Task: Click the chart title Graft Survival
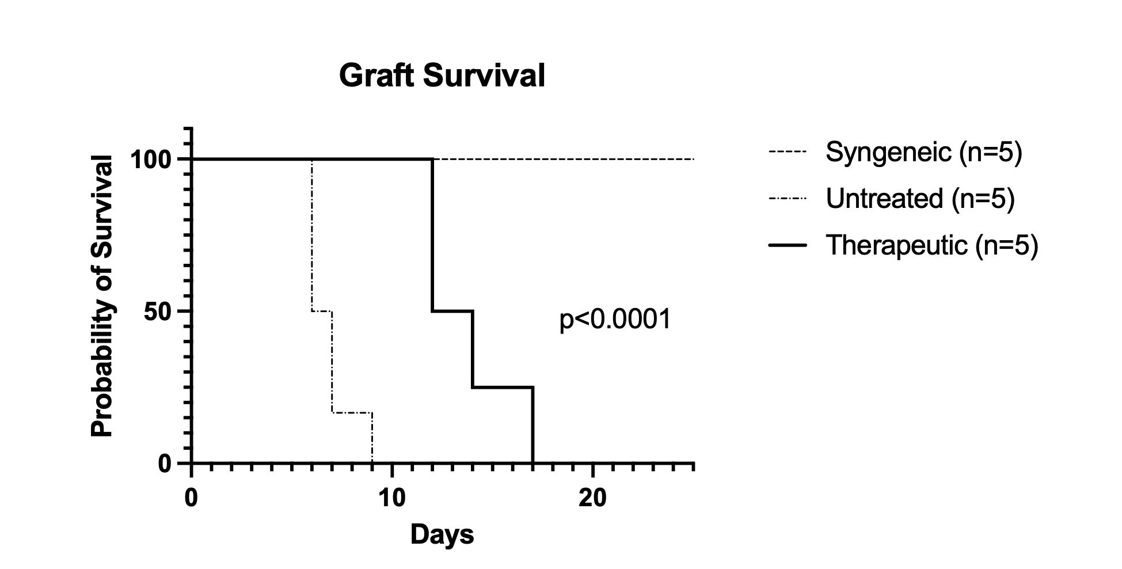click(442, 75)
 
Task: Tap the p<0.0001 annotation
click(615, 319)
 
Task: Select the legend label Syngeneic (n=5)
click(923, 152)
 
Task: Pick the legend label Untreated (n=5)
click(919, 199)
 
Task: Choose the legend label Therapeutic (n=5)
click(931, 245)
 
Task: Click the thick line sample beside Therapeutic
click(788, 245)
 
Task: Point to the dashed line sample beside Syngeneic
click(788, 153)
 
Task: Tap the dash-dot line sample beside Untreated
click(788, 199)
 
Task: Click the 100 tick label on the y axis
click(151, 159)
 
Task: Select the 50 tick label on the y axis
click(158, 312)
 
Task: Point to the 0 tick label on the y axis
click(165, 464)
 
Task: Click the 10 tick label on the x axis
click(392, 498)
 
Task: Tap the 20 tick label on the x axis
click(593, 498)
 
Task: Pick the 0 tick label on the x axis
click(191, 498)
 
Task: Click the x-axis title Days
click(442, 534)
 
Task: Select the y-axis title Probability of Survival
click(102, 296)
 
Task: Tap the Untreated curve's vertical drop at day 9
click(372, 438)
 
